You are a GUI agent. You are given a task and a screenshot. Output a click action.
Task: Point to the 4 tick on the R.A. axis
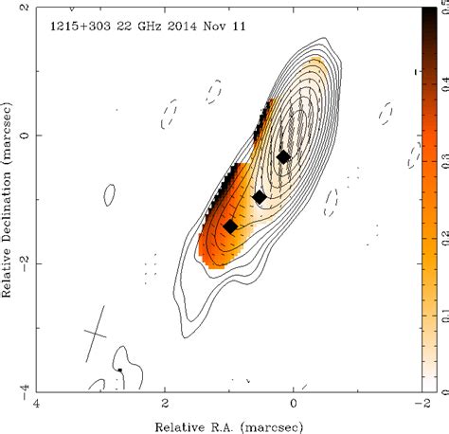point(36,402)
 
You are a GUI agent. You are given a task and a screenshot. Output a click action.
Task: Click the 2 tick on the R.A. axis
point(165,402)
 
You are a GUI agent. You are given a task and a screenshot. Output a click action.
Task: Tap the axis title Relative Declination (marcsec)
point(9,199)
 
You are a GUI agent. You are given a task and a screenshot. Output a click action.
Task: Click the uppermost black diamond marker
point(283,156)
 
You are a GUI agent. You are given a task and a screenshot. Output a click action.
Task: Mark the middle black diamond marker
point(260,196)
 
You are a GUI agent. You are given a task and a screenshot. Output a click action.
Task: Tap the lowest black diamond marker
point(230,226)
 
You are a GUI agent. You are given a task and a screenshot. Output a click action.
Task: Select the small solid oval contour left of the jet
point(110,195)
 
